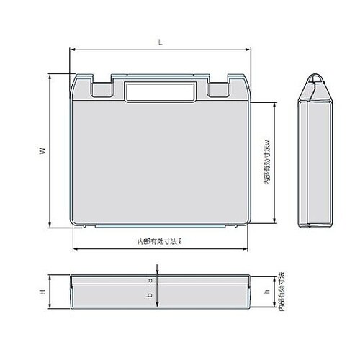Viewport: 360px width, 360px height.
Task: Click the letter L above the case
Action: pyautogui.click(x=160, y=42)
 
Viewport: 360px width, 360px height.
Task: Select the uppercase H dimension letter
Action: pyautogui.click(x=42, y=292)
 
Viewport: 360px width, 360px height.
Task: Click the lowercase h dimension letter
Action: pyautogui.click(x=267, y=292)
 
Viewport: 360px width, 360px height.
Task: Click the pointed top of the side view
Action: pyautogui.click(x=315, y=77)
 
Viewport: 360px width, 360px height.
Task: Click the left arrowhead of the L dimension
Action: pyautogui.click(x=72, y=50)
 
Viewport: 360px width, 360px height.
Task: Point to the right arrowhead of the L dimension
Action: pyautogui.click(x=248, y=50)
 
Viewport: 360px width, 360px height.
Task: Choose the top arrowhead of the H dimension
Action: pyautogui.click(x=50, y=276)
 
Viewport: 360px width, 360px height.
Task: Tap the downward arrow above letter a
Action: pyautogui.click(x=158, y=271)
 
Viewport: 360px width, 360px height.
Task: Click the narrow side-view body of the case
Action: pyautogui.click(x=315, y=162)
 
